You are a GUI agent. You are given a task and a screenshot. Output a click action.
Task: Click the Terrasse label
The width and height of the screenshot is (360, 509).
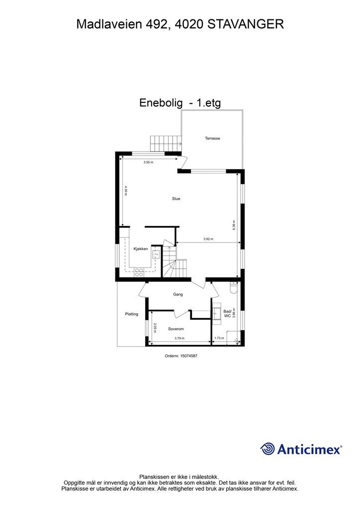click(212, 138)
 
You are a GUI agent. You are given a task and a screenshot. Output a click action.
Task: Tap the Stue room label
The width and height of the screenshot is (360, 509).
click(176, 199)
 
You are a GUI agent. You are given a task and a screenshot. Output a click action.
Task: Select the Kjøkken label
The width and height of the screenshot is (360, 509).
click(141, 249)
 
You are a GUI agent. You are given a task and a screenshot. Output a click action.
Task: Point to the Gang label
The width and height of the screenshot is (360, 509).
click(178, 294)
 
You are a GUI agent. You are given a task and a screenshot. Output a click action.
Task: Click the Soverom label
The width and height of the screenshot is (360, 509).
click(176, 329)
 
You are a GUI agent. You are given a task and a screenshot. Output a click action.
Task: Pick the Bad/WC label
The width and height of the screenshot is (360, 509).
click(227, 313)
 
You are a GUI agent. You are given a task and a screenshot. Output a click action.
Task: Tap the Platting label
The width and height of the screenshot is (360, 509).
click(131, 314)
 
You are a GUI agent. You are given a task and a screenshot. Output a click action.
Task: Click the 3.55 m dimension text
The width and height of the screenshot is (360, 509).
click(148, 163)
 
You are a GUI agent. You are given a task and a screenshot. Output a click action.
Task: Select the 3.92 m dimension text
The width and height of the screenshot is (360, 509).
click(208, 240)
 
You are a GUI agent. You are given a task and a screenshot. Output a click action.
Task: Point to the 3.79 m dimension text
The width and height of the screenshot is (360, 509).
click(179, 339)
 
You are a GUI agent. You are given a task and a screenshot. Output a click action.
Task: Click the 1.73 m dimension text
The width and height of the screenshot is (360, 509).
click(219, 339)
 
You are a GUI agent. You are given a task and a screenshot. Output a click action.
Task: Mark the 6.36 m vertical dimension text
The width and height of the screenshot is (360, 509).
click(234, 225)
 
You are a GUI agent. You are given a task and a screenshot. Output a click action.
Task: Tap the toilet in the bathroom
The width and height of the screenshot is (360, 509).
click(234, 287)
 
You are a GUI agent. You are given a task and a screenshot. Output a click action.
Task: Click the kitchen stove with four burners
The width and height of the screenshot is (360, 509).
click(139, 272)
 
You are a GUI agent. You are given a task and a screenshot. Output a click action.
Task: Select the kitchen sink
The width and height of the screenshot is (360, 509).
click(156, 254)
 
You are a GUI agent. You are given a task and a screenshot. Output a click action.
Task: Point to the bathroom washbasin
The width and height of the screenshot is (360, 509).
click(216, 312)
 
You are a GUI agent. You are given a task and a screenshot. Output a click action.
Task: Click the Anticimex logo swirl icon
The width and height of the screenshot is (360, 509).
click(268, 448)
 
